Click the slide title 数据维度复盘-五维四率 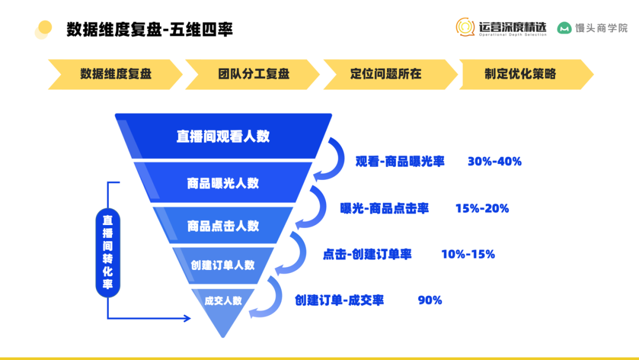coord(150,30)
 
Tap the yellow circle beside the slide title coord(45,28)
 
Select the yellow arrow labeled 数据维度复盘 coord(115,74)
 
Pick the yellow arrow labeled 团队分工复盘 coord(253,74)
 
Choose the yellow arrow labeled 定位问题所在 coord(390,74)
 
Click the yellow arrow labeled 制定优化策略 coord(526,74)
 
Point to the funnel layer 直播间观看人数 coord(223,136)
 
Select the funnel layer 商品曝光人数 coord(223,183)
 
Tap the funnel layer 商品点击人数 coord(223,226)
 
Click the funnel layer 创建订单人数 coord(223,265)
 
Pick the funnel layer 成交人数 coord(223,308)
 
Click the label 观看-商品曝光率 coord(400,162)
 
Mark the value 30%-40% coord(494,162)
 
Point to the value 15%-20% coord(482,208)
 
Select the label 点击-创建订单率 coord(367,255)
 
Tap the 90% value coord(430,300)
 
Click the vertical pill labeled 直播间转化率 coord(108,253)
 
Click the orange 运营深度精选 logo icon coord(465,27)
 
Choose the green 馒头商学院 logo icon coord(564,28)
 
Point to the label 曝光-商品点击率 coord(385,208)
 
